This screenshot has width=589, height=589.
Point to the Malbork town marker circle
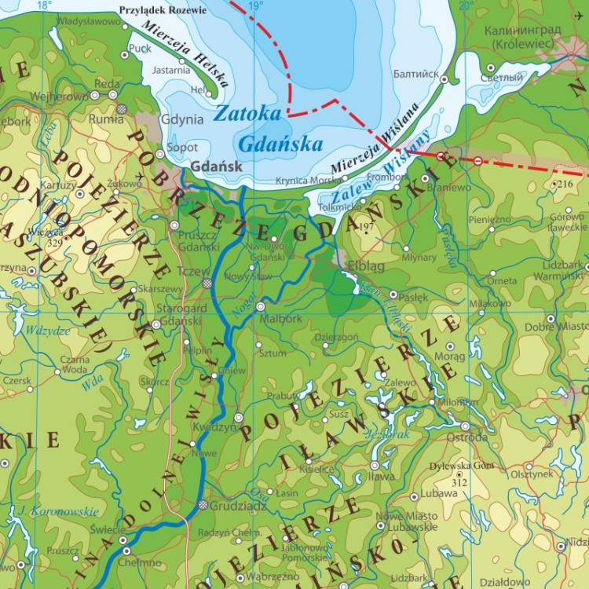(260, 306)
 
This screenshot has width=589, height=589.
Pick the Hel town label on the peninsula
(199, 90)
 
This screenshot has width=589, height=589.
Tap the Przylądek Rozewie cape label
(162, 10)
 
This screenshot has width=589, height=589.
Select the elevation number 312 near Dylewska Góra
(459, 482)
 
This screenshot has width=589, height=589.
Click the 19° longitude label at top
(252, 6)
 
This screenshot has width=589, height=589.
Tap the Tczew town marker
(207, 284)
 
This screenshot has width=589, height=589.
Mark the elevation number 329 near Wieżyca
(53, 243)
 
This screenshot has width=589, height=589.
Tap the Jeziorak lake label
(383, 433)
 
